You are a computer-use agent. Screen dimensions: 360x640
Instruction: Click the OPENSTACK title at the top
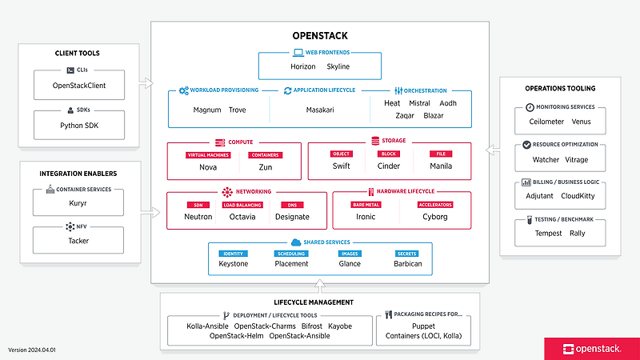[x=319, y=36]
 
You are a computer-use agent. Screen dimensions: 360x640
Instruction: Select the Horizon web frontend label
[x=303, y=66]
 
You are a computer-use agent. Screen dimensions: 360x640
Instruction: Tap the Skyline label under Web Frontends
[x=338, y=66]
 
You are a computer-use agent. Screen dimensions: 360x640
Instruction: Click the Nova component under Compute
[x=208, y=166]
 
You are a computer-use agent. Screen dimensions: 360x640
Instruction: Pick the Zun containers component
[x=265, y=166]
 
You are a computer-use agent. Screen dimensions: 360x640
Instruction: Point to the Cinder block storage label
[x=389, y=166]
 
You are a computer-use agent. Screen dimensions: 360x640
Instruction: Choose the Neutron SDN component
[x=198, y=216]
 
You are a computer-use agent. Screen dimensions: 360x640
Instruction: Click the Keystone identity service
[x=233, y=263]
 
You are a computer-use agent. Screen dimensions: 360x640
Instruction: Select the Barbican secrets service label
[x=407, y=263]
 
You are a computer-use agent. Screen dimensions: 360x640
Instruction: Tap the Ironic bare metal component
[x=366, y=216]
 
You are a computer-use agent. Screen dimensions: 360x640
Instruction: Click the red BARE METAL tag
[x=366, y=204]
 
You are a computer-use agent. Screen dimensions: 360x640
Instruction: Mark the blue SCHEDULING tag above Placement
[x=290, y=253]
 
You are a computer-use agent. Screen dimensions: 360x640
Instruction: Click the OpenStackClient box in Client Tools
[x=79, y=85]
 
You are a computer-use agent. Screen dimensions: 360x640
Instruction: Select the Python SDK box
[x=79, y=125]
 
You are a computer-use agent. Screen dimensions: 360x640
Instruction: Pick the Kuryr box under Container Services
[x=79, y=202]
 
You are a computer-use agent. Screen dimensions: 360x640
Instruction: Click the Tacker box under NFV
[x=79, y=239]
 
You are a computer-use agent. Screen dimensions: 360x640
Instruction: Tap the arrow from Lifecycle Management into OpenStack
[x=319, y=286]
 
